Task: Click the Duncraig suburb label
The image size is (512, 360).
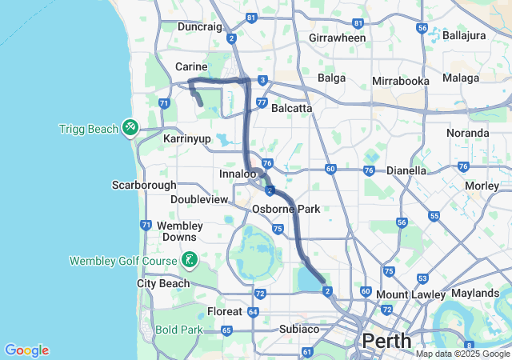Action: pyautogui.click(x=199, y=26)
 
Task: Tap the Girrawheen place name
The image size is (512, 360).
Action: pyautogui.click(x=337, y=38)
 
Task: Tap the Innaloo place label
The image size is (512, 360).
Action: pyautogui.click(x=238, y=174)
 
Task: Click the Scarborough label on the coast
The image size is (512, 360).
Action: pyautogui.click(x=144, y=185)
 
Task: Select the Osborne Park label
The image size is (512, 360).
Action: pyautogui.click(x=286, y=209)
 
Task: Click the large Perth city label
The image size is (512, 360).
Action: pyautogui.click(x=388, y=341)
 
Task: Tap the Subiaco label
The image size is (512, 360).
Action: pyautogui.click(x=300, y=329)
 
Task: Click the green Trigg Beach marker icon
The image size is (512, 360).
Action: pyautogui.click(x=130, y=126)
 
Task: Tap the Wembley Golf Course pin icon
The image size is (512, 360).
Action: pyautogui.click(x=189, y=259)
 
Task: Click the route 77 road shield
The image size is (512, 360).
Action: pyautogui.click(x=260, y=104)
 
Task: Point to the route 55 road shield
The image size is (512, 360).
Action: pyautogui.click(x=434, y=216)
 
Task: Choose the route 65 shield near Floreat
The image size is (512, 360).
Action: pyautogui.click(x=226, y=330)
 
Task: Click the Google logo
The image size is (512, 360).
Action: pyautogui.click(x=26, y=350)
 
